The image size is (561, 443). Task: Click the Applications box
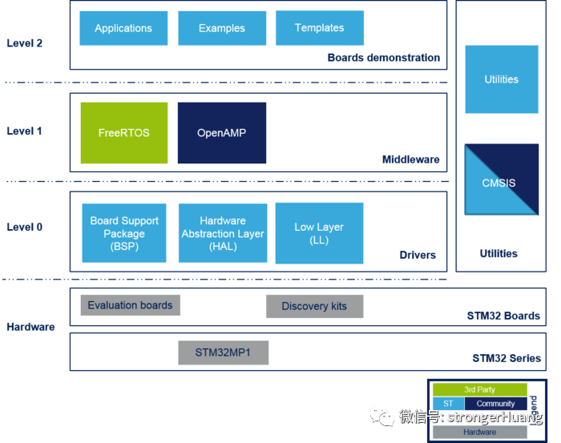coord(123,28)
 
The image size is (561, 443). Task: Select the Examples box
coord(222,28)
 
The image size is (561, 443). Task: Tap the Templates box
coord(319,28)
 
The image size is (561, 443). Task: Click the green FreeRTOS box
coord(124,133)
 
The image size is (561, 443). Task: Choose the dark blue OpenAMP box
coord(222,133)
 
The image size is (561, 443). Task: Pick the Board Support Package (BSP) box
coord(124,233)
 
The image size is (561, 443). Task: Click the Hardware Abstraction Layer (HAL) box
coord(223,233)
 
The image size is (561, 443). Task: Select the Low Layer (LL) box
coord(319,233)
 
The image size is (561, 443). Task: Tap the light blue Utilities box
coord(502,79)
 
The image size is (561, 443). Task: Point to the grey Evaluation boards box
coord(130,305)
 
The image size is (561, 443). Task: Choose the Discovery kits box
coord(314,306)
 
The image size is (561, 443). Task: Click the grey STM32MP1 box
coord(222,352)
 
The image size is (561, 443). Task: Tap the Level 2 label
coord(25,43)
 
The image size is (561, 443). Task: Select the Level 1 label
coord(25,131)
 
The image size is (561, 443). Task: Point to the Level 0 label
coord(25,228)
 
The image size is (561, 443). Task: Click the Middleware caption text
coord(411,159)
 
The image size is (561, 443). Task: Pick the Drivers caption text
coord(418,256)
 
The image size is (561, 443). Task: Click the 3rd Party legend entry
coord(480,390)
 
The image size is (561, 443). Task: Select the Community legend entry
coord(495,404)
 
